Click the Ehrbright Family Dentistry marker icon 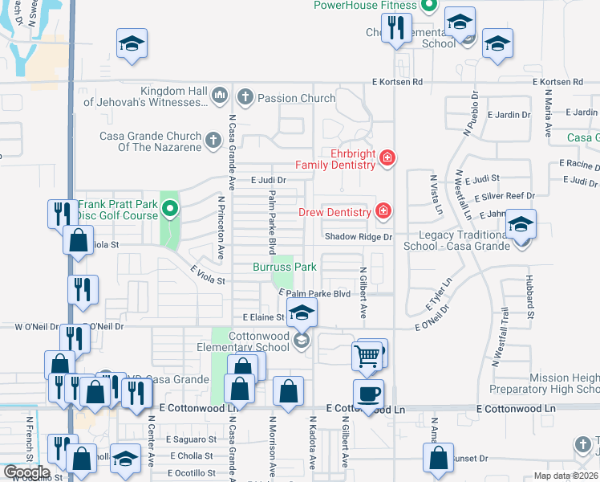click(387, 157)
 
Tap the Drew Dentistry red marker click(383, 211)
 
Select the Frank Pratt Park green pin click(170, 210)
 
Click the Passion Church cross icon click(245, 98)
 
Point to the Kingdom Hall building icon click(219, 97)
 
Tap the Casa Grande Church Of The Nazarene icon click(213, 141)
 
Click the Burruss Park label click(285, 266)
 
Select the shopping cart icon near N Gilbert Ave click(367, 355)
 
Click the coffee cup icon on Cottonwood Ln click(368, 394)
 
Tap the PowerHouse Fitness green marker click(428, 6)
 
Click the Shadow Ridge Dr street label click(358, 237)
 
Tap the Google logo click(26, 472)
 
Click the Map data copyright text click(566, 476)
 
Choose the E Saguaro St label click(191, 439)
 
